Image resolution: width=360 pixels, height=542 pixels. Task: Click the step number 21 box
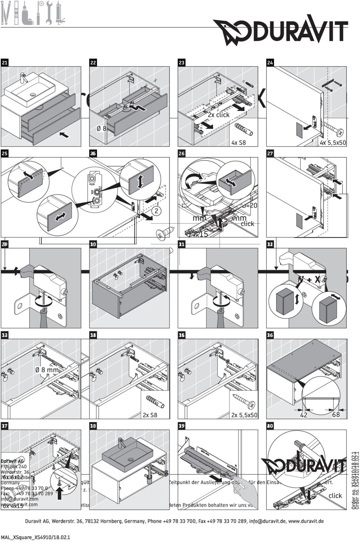click(x=5, y=63)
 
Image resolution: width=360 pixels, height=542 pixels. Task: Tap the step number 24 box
click(x=270, y=63)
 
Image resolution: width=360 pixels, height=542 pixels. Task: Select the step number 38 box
click(x=93, y=426)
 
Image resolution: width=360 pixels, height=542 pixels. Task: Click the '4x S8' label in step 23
click(x=239, y=142)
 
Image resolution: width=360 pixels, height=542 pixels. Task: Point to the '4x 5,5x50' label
click(x=333, y=143)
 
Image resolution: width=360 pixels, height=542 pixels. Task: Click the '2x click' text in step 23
click(x=218, y=115)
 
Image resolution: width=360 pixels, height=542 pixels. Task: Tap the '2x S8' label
click(x=150, y=415)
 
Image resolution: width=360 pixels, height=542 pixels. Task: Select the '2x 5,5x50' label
click(x=244, y=415)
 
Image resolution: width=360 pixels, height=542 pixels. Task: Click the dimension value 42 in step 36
click(x=304, y=415)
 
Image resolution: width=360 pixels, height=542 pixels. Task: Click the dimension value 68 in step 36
click(x=336, y=414)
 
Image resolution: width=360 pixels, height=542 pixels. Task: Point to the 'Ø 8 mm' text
click(x=47, y=370)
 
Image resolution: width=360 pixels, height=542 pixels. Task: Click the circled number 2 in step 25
click(x=156, y=211)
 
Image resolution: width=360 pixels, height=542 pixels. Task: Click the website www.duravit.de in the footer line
click(x=305, y=521)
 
